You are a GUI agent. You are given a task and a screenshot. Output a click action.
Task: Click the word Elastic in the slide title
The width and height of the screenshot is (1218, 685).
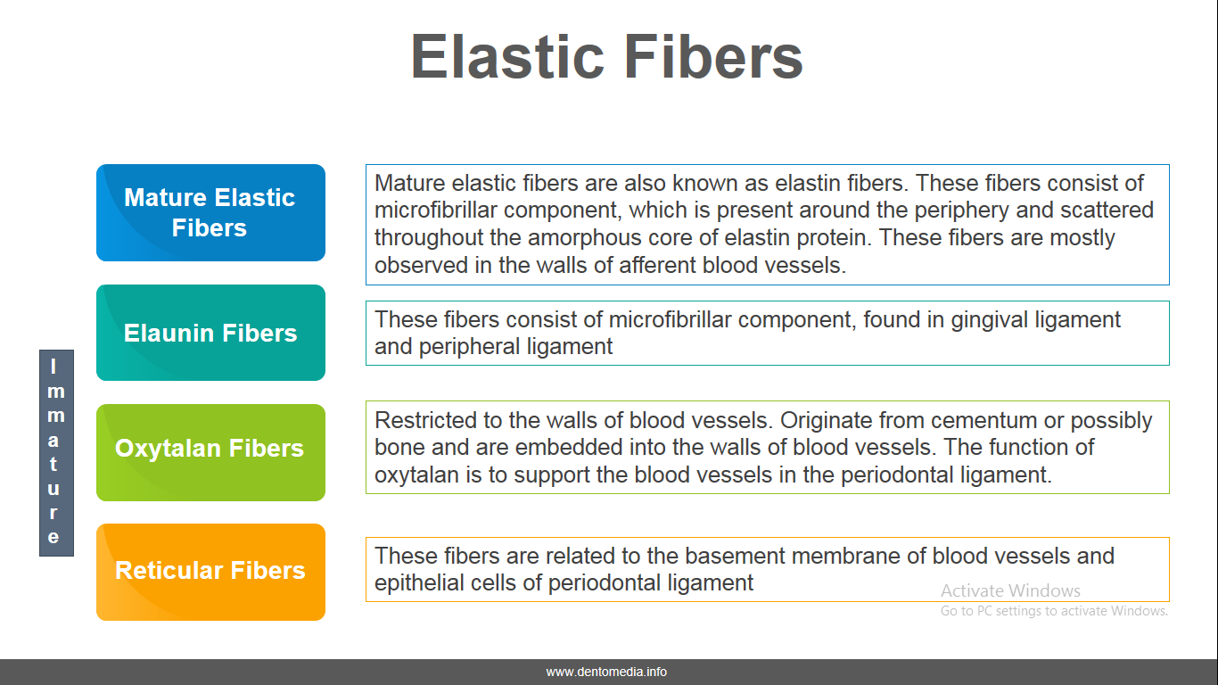(507, 56)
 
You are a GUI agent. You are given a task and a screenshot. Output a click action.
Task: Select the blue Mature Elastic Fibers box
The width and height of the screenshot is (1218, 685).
(211, 213)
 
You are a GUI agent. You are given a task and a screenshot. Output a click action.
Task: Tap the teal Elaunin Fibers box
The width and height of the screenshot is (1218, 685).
(211, 333)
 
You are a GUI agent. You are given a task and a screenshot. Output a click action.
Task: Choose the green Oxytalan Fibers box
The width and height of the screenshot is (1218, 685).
(211, 452)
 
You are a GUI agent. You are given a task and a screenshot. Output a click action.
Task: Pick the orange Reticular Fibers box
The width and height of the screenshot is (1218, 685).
(211, 572)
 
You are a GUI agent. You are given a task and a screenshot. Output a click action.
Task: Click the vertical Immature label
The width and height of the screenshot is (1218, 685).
(56, 453)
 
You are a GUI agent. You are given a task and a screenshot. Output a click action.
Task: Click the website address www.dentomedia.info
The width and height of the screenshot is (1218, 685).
(606, 672)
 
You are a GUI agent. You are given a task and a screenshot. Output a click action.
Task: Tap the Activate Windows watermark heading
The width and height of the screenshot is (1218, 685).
(1010, 590)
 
